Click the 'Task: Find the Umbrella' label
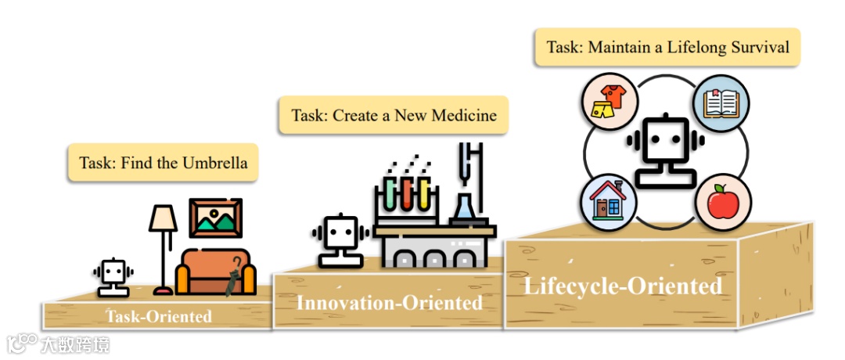(x=164, y=163)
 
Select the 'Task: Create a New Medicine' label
(x=394, y=115)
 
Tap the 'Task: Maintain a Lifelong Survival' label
(x=667, y=47)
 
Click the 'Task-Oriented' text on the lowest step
(x=160, y=316)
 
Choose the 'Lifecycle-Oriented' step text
(x=622, y=286)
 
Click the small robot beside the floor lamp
(x=113, y=278)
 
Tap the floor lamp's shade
(x=164, y=218)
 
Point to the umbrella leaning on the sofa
(x=232, y=275)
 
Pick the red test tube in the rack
(x=407, y=193)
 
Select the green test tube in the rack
(x=390, y=193)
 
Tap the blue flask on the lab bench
(x=465, y=207)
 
